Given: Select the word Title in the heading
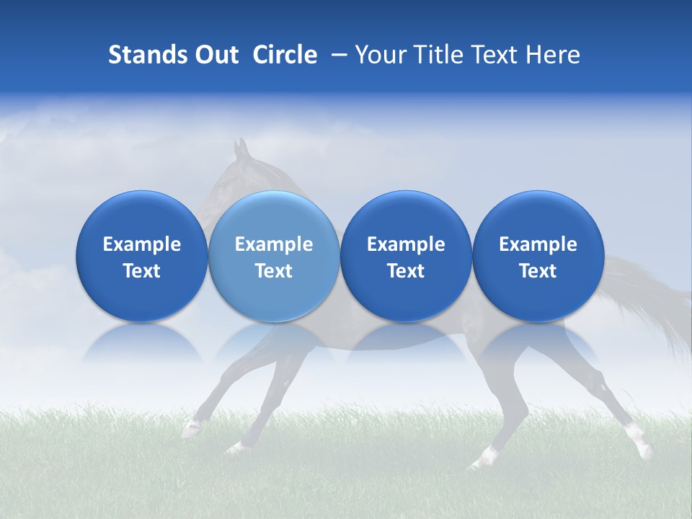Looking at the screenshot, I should [436, 55].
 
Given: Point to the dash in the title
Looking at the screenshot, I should [337, 56].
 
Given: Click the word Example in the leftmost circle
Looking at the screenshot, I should [142, 244].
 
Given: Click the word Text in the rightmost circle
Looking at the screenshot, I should [538, 271].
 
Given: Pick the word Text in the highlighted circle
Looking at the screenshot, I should [274, 271].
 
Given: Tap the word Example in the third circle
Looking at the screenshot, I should [406, 244].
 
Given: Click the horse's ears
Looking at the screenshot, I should [241, 149].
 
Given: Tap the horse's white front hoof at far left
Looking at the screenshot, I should [191, 430].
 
